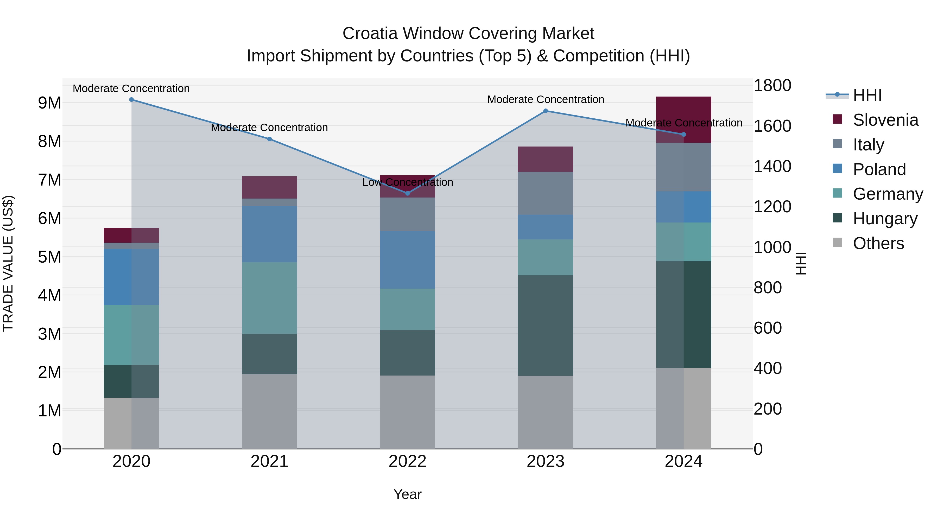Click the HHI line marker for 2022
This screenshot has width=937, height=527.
click(407, 193)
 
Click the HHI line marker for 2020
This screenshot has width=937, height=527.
click(132, 100)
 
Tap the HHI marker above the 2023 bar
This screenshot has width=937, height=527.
click(545, 111)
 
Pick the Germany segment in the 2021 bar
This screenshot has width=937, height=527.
click(270, 298)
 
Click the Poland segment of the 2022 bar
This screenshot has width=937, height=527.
click(407, 260)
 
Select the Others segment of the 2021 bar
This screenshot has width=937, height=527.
click(270, 411)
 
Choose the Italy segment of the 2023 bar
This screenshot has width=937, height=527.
click(545, 193)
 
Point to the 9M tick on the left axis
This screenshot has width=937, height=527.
click(49, 103)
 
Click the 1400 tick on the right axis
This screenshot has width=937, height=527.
click(772, 166)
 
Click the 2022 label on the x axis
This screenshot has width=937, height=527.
click(407, 461)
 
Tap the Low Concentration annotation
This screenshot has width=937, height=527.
click(407, 182)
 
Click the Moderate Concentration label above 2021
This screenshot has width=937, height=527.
click(270, 128)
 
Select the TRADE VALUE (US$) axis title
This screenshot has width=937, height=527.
click(8, 263)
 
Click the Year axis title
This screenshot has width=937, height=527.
click(407, 494)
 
